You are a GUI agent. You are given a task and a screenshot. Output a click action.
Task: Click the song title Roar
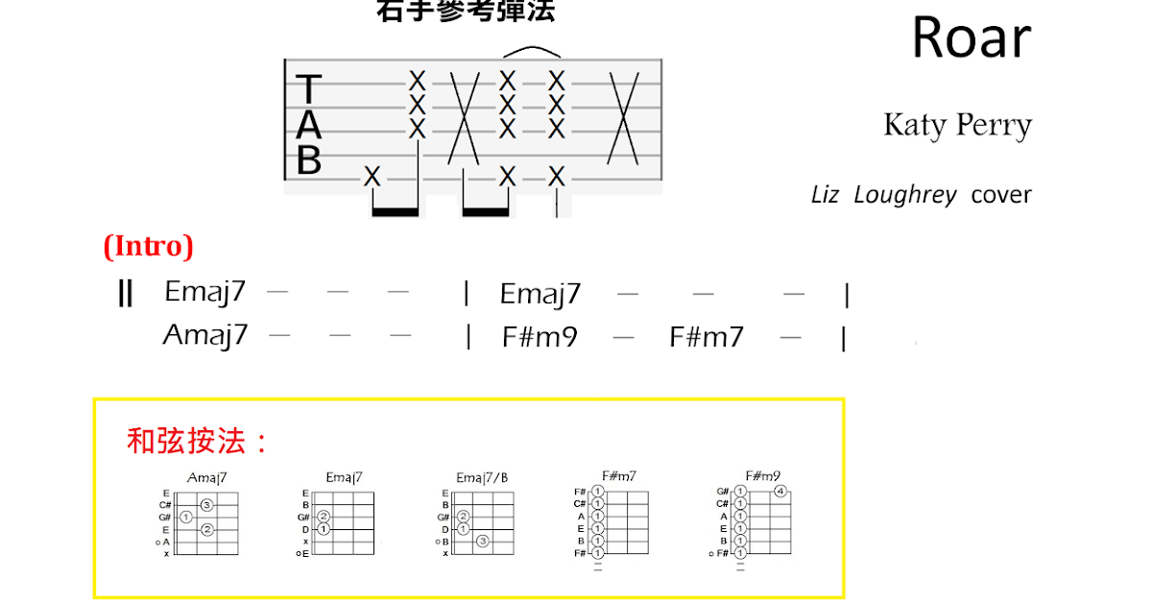coord(971,38)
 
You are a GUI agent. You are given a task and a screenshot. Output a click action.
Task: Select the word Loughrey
coord(905,195)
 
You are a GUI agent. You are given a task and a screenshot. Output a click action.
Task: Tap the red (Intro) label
coord(148,247)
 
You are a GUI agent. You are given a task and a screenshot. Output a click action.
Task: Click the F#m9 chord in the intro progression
coord(540,337)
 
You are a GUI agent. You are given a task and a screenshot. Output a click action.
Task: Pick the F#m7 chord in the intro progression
coord(707,337)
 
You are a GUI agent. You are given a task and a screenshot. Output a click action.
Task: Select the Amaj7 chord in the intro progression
coord(205,335)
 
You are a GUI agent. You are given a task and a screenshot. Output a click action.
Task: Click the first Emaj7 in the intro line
coord(205,292)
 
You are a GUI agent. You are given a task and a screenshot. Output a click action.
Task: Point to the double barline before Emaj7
coord(125,293)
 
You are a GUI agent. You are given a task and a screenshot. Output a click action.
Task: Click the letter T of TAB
coord(308,89)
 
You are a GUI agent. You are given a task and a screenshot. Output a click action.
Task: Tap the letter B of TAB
coord(308,161)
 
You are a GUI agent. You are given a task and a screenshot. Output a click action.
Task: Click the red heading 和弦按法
coord(197,441)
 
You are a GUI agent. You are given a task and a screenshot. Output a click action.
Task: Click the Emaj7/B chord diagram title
coord(482,477)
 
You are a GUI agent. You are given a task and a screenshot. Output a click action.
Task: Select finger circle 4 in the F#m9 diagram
coord(780,493)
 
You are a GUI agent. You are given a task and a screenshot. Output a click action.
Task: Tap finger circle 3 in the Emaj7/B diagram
coord(483,542)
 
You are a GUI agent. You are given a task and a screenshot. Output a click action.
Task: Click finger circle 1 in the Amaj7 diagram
coord(186,517)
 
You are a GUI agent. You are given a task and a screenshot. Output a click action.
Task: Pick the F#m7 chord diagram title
coord(618,475)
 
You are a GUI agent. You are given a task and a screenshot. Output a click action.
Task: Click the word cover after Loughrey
coord(1001,195)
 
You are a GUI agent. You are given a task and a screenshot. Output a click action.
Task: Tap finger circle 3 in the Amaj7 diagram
coord(206,504)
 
